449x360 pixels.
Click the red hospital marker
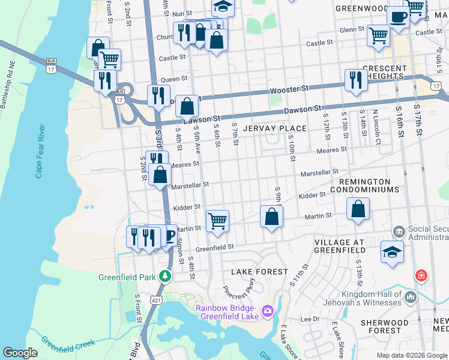(x=422, y=276)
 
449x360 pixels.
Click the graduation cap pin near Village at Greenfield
(x=392, y=252)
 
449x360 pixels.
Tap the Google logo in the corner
(x=20, y=352)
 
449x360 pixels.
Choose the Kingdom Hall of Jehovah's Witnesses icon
(x=411, y=297)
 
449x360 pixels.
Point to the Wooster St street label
(x=289, y=88)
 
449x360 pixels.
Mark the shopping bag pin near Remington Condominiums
(x=358, y=209)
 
